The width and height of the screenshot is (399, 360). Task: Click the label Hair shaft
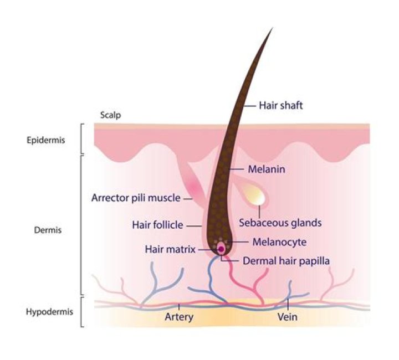pos(282,104)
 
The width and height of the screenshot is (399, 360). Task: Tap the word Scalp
pos(110,115)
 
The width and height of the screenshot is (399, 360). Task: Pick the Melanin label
pos(267,169)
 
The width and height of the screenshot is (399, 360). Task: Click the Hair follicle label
pos(157,225)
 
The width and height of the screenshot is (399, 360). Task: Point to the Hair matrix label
pos(170,250)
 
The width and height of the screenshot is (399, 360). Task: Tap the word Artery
pos(179,317)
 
